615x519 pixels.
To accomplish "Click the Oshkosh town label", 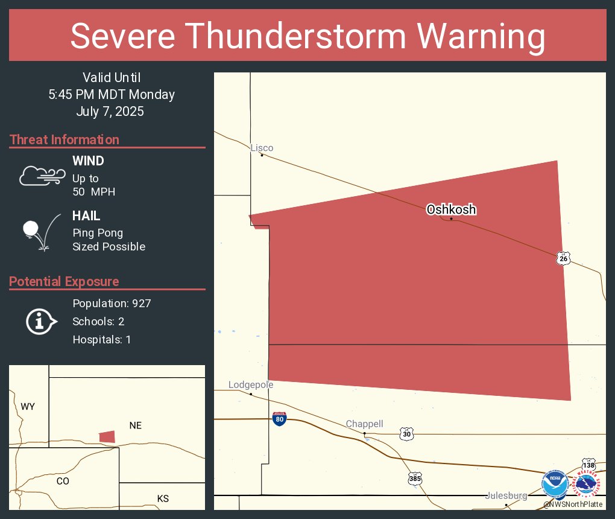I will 451,209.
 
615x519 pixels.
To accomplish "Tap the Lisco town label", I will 262,148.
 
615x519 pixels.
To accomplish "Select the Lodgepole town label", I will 250,385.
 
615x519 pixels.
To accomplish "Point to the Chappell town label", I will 364,424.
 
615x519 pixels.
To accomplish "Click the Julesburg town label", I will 506,496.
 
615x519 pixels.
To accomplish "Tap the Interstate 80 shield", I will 279,418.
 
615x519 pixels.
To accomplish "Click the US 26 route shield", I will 563,258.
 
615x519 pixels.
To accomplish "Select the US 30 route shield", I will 406,433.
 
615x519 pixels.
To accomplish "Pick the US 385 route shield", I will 415,479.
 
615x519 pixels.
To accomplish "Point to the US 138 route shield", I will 588,465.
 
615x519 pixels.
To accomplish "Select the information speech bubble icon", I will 41,322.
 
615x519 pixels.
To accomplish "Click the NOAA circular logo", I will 554,484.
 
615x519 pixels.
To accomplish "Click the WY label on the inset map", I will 28,407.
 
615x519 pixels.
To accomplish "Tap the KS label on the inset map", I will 163,498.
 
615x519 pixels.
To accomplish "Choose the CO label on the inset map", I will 63,481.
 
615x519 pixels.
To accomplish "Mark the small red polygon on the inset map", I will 107,436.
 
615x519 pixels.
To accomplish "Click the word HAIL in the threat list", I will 86,216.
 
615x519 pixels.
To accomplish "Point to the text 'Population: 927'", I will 112,303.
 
